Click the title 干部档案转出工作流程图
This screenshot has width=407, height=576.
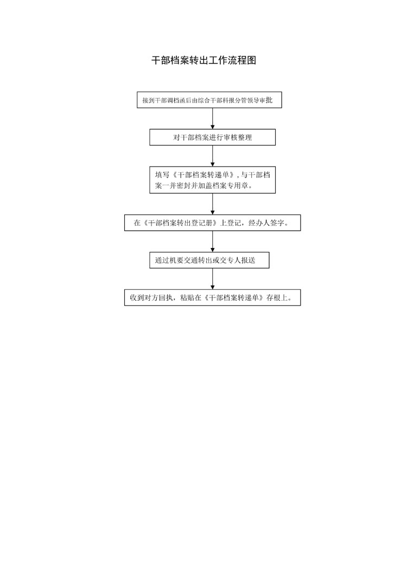(204, 60)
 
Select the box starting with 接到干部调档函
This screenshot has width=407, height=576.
(209, 100)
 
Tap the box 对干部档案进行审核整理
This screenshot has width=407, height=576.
(212, 137)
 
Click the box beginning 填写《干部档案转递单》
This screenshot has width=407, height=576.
(212, 180)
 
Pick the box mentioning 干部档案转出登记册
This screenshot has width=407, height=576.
(212, 223)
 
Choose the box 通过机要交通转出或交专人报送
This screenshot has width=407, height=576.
(209, 260)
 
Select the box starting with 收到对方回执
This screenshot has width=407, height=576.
(212, 298)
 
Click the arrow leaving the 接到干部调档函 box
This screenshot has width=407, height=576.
(212, 119)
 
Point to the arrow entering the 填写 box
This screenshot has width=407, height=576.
(212, 156)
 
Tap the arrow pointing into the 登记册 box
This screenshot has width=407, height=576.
(212, 204)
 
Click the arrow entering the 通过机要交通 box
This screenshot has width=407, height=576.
(212, 242)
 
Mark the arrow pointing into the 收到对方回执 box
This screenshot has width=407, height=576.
(212, 279)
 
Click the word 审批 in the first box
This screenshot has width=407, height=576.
(266, 100)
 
